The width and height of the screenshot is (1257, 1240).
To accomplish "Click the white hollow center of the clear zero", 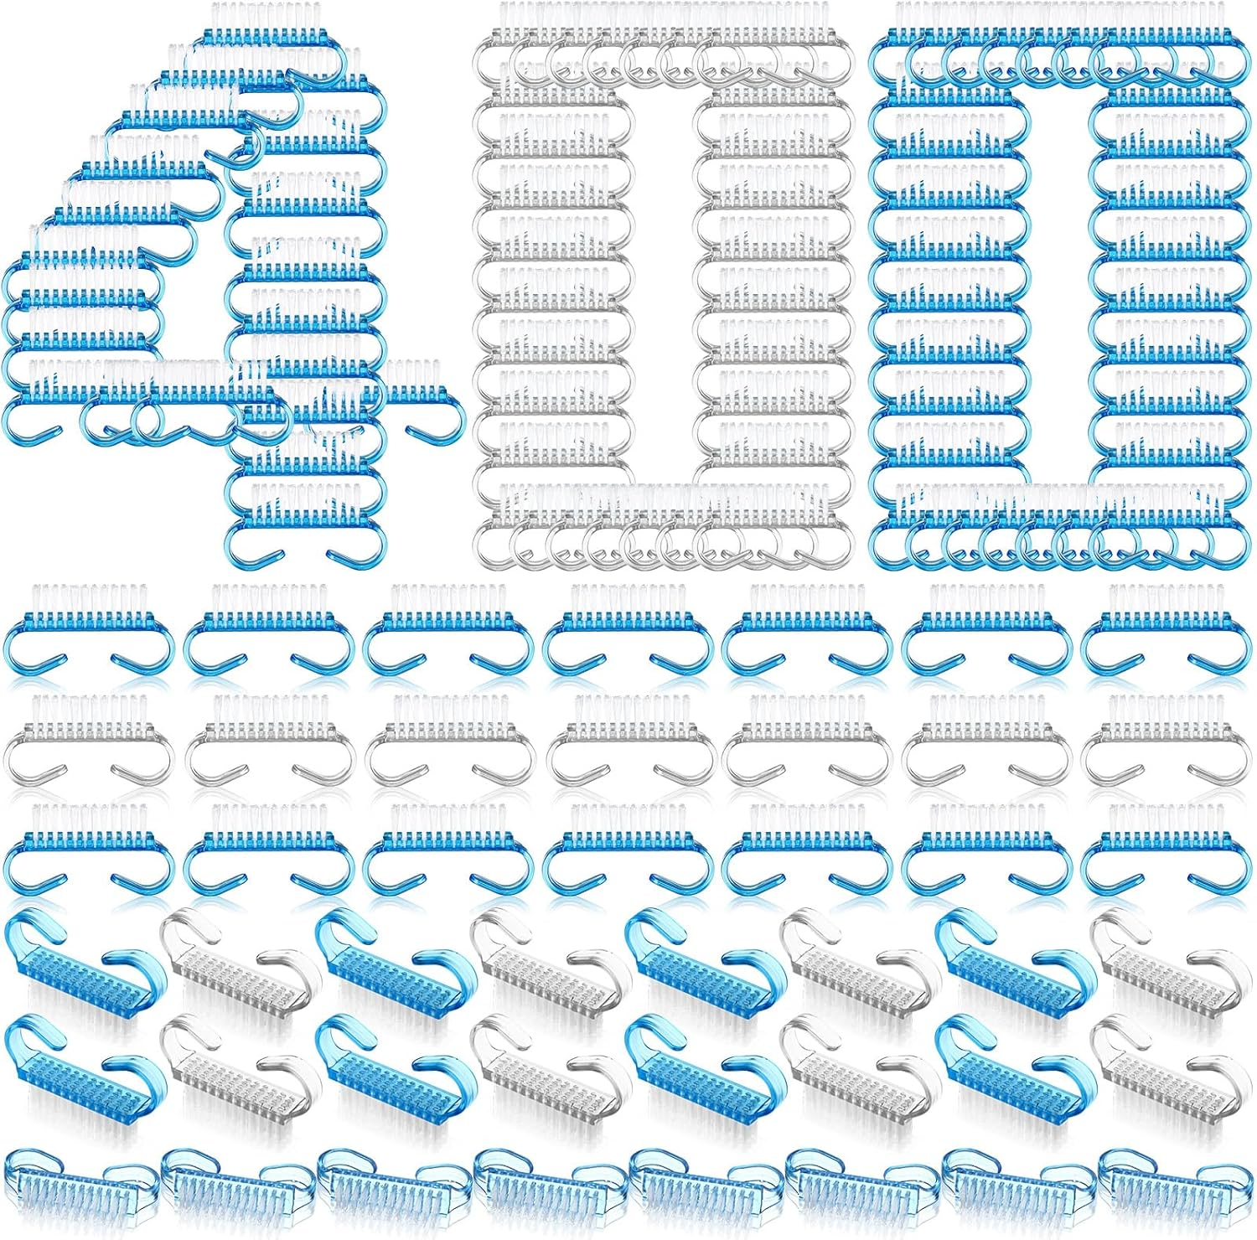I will pos(662,285).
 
